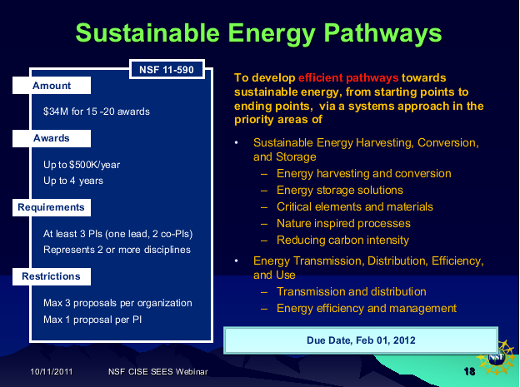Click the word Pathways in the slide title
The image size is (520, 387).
click(x=382, y=34)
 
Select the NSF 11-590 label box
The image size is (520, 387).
click(x=167, y=69)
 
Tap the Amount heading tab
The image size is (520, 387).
click(x=52, y=86)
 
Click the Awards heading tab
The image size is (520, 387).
click(x=52, y=138)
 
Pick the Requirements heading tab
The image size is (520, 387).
click(x=52, y=207)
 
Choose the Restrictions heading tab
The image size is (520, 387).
click(x=52, y=276)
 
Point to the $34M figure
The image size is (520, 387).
click(x=56, y=112)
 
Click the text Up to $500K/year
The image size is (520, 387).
click(x=82, y=165)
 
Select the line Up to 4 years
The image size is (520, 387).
click(x=73, y=181)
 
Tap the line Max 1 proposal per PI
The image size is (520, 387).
click(x=92, y=320)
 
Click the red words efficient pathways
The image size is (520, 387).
click(x=348, y=78)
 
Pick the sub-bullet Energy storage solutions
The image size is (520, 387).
click(x=340, y=191)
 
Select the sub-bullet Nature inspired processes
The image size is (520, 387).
click(x=343, y=223)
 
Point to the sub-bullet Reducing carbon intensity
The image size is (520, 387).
click(x=342, y=240)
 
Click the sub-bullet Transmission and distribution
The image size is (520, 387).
click(x=351, y=291)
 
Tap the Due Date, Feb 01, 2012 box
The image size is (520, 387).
click(x=361, y=340)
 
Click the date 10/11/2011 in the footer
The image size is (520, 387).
click(x=52, y=371)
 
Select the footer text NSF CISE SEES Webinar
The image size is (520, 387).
click(x=157, y=371)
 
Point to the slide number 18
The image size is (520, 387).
click(x=470, y=371)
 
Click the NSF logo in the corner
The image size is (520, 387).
click(x=496, y=358)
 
